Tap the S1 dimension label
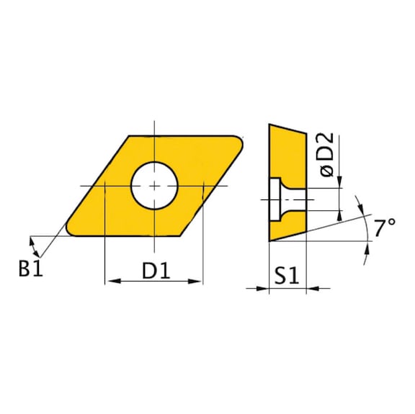pos(287,276)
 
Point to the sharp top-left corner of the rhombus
pos(128,136)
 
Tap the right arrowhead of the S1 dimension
pos(312,289)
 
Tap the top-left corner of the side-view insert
pos(269,125)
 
